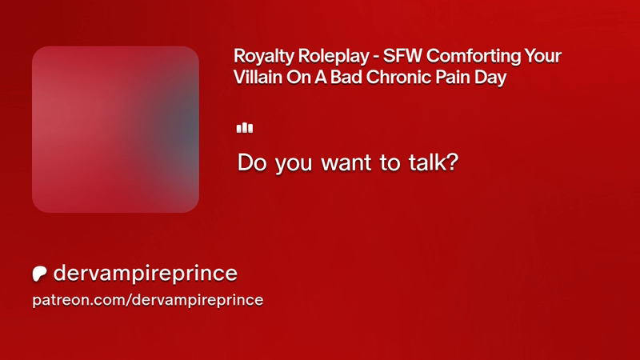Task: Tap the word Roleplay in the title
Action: [x=333, y=57]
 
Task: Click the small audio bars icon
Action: [x=245, y=128]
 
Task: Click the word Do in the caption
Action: [x=253, y=162]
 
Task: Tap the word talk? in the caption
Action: [x=434, y=162]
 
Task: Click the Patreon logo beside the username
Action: [x=39, y=274]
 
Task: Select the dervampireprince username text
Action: [x=146, y=274]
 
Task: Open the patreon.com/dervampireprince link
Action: [x=148, y=301]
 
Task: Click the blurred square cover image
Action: [x=115, y=130]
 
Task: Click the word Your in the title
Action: [x=543, y=56]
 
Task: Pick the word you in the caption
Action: [x=294, y=164]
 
